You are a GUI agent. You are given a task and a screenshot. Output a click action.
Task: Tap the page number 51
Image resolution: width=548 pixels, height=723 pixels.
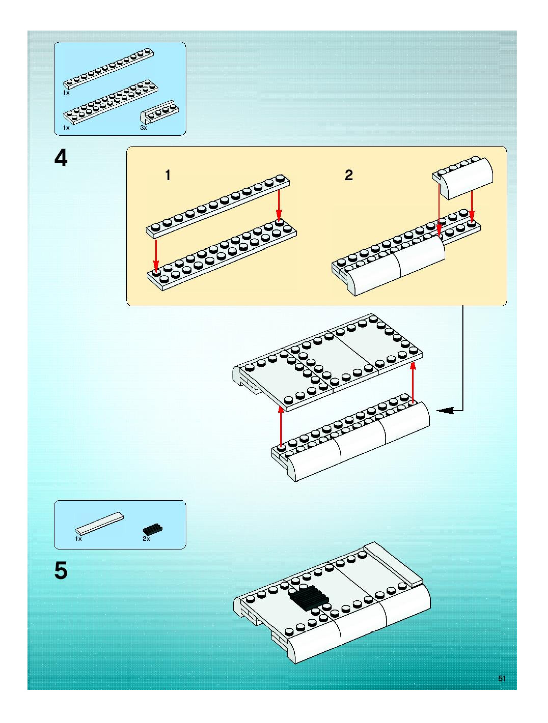502,678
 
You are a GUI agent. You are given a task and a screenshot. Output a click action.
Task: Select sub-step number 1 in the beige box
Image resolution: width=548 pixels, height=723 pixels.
168,176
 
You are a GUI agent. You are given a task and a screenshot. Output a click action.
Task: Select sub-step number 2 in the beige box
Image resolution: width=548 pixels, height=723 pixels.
349,176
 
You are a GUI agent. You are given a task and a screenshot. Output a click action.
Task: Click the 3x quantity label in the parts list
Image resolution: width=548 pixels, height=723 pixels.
143,128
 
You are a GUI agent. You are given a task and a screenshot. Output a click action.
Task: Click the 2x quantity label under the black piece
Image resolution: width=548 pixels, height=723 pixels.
146,539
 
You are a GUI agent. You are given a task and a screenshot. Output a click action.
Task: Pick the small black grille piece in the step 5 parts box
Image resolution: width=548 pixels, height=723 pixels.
153,529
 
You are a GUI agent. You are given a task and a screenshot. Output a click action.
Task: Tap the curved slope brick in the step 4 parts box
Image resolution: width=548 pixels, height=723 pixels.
160,111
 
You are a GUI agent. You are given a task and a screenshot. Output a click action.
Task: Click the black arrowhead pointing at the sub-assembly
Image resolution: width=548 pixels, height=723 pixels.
445,411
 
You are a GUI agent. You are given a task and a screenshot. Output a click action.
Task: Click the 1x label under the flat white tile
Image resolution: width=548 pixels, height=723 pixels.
78,539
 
